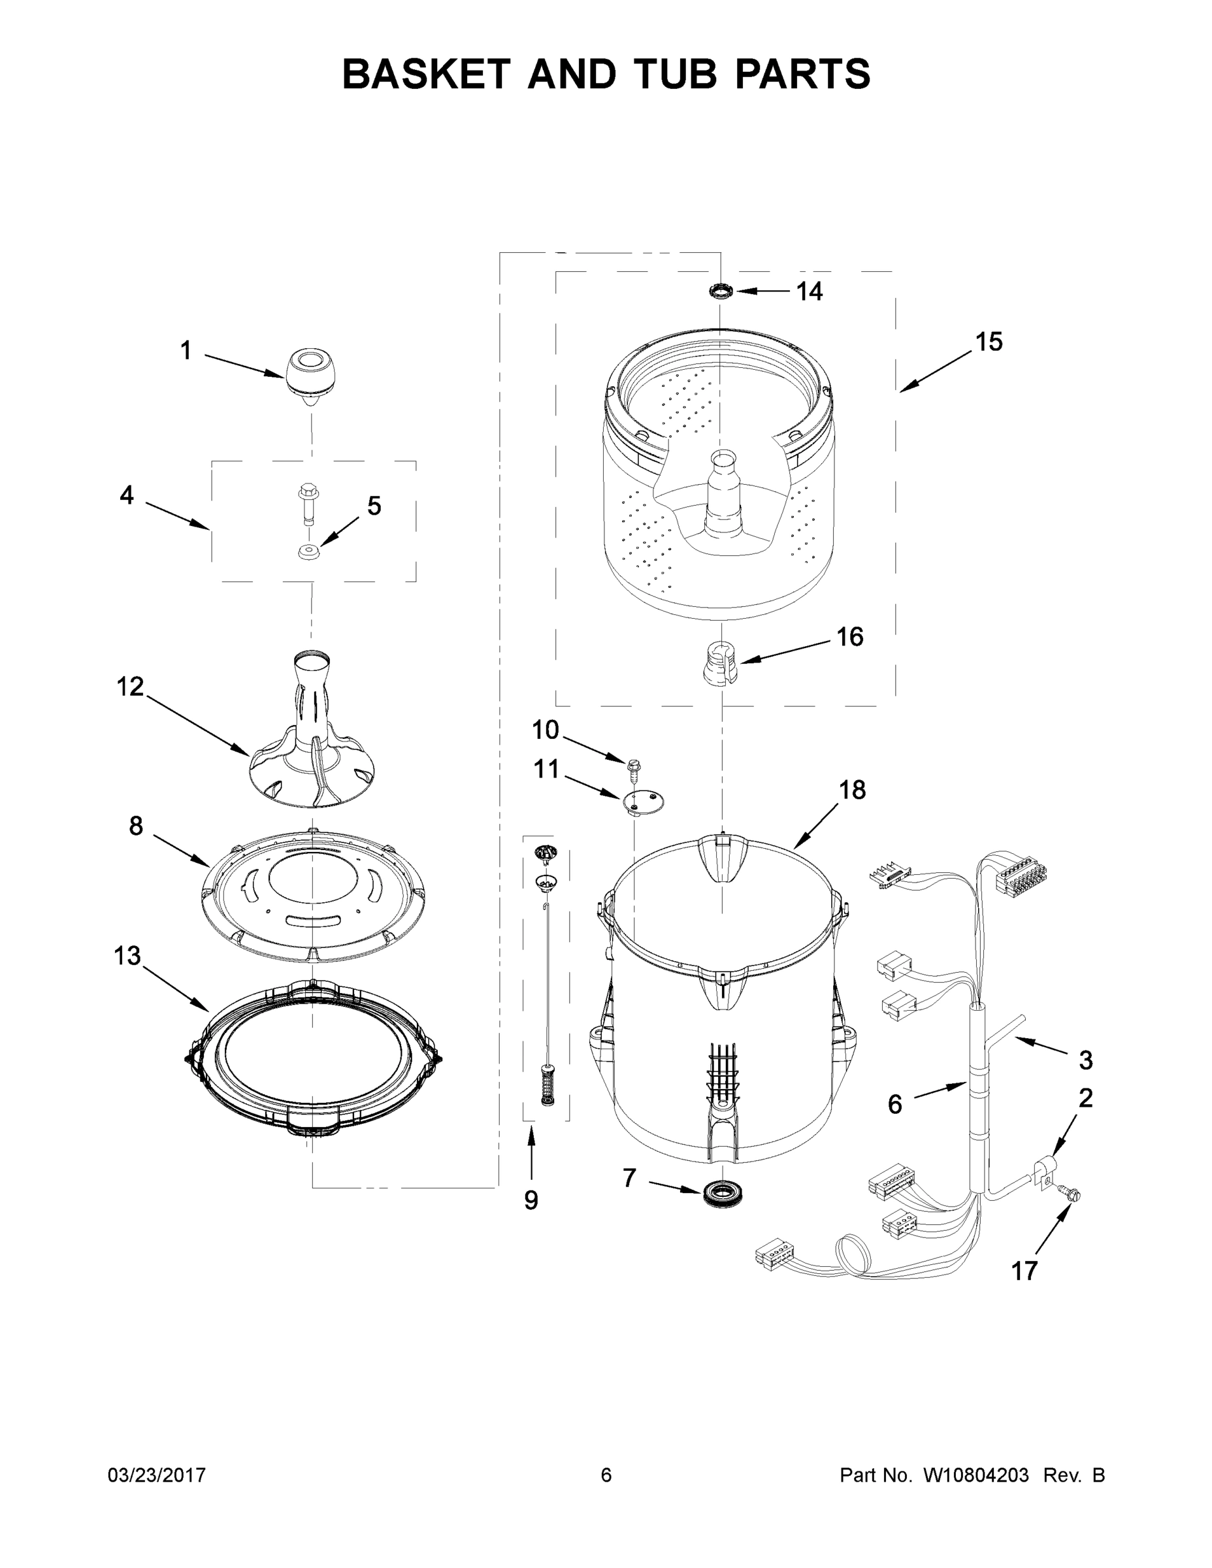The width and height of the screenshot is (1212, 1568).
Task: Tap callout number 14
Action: (809, 291)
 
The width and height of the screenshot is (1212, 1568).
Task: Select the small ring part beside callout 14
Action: (720, 291)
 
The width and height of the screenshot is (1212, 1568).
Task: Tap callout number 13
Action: (127, 956)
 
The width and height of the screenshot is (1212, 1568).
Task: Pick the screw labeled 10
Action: (634, 769)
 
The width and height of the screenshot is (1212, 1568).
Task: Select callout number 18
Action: (852, 791)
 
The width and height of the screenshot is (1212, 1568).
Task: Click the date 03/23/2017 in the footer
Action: (157, 1475)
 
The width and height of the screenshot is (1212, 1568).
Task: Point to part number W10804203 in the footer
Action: (975, 1475)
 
